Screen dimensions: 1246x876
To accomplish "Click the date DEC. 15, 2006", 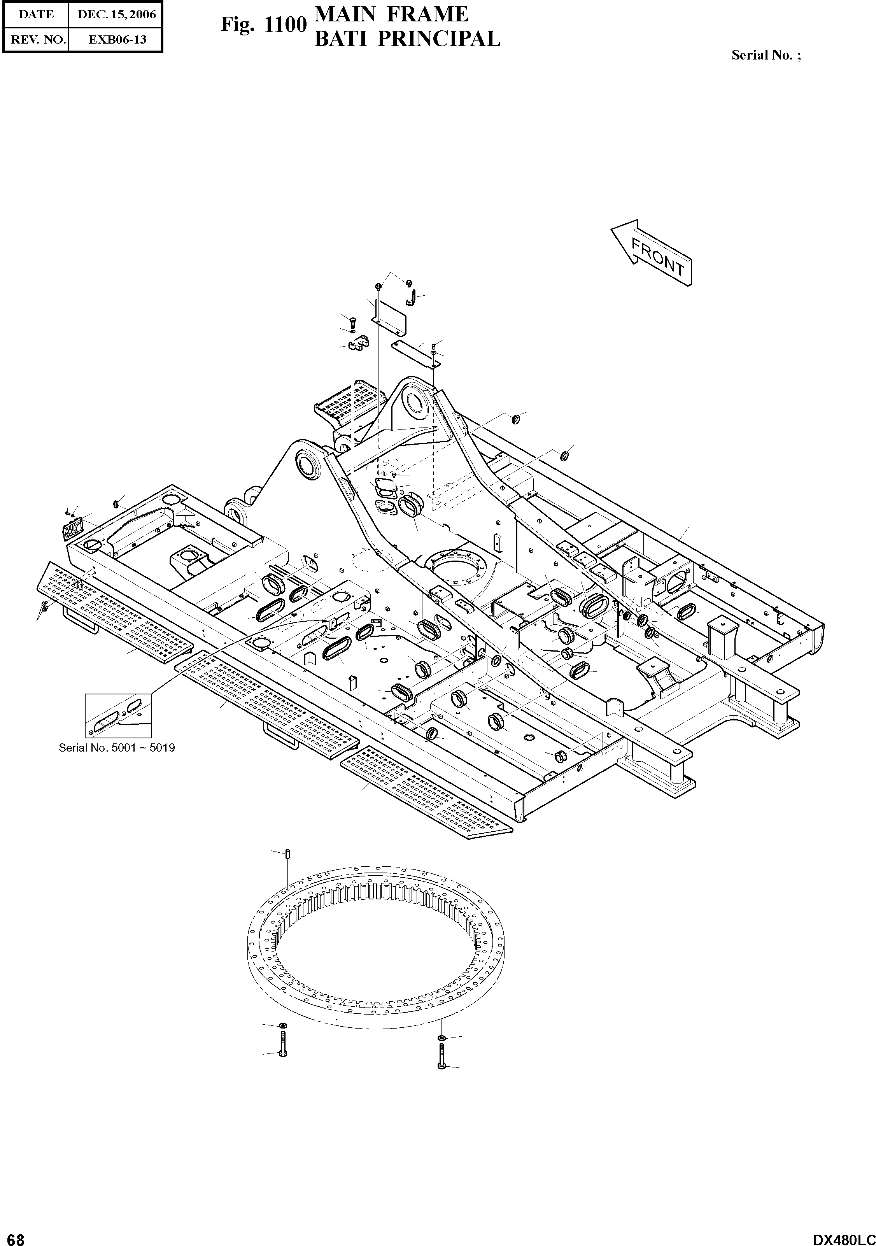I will pyautogui.click(x=116, y=15).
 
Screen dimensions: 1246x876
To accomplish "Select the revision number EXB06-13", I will pyautogui.click(x=116, y=40).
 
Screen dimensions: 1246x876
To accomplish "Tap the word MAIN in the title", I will pyautogui.click(x=345, y=15).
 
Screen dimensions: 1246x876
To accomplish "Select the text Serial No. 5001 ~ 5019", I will pyautogui.click(x=117, y=748).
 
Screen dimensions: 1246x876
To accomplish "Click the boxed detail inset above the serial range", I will pyautogui.click(x=118, y=715).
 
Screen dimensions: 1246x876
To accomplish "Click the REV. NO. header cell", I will pyautogui.click(x=36, y=40).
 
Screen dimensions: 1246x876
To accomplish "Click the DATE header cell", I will pyautogui.click(x=36, y=15).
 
